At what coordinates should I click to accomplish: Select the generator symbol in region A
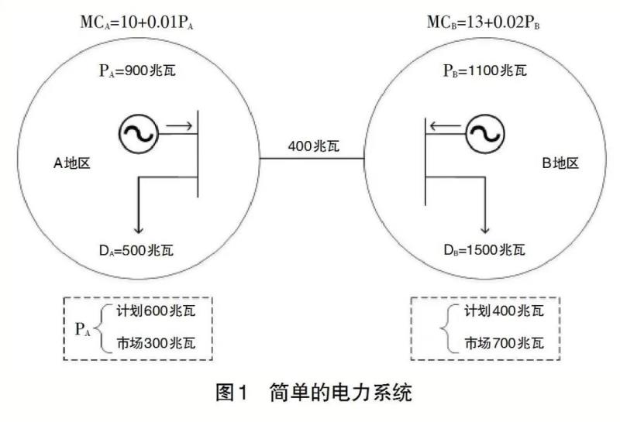(x=139, y=132)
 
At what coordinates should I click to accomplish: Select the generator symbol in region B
(x=484, y=132)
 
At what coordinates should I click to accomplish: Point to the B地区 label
(x=560, y=164)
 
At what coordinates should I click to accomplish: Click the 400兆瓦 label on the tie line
(x=312, y=145)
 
